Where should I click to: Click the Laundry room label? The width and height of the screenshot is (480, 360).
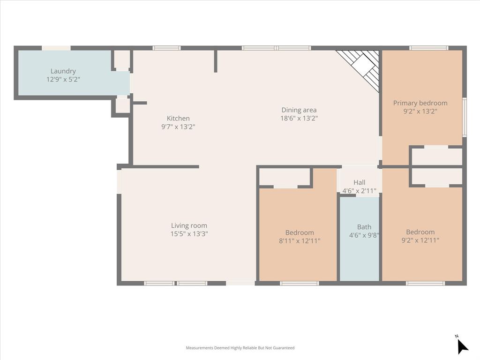tap(63, 71)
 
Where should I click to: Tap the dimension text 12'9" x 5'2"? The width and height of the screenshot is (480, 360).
tap(63, 80)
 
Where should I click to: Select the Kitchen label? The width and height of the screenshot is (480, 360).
tap(178, 119)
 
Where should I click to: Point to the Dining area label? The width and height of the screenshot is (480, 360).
tap(299, 110)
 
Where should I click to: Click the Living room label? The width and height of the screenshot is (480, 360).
tap(189, 225)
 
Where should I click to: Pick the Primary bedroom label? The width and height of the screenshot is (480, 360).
tap(420, 103)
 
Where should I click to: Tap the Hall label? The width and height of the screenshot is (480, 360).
tap(360, 182)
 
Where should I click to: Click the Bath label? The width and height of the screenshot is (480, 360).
tap(364, 227)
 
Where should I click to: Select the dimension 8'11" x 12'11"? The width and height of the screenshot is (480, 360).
tap(300, 241)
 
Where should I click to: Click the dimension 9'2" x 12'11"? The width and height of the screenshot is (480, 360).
tap(420, 240)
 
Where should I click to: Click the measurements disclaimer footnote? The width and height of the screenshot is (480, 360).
tap(240, 348)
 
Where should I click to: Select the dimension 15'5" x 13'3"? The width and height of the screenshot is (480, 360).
tap(189, 234)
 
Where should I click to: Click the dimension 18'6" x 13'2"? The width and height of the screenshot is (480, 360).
tap(299, 119)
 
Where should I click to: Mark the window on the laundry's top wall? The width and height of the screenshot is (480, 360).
tap(56, 48)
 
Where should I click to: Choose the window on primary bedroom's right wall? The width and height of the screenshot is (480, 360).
tap(464, 117)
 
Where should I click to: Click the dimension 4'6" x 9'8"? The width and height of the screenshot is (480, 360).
tap(364, 236)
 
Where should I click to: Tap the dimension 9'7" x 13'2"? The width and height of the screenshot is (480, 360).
tap(178, 127)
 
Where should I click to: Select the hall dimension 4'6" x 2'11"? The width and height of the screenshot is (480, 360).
tap(360, 191)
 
